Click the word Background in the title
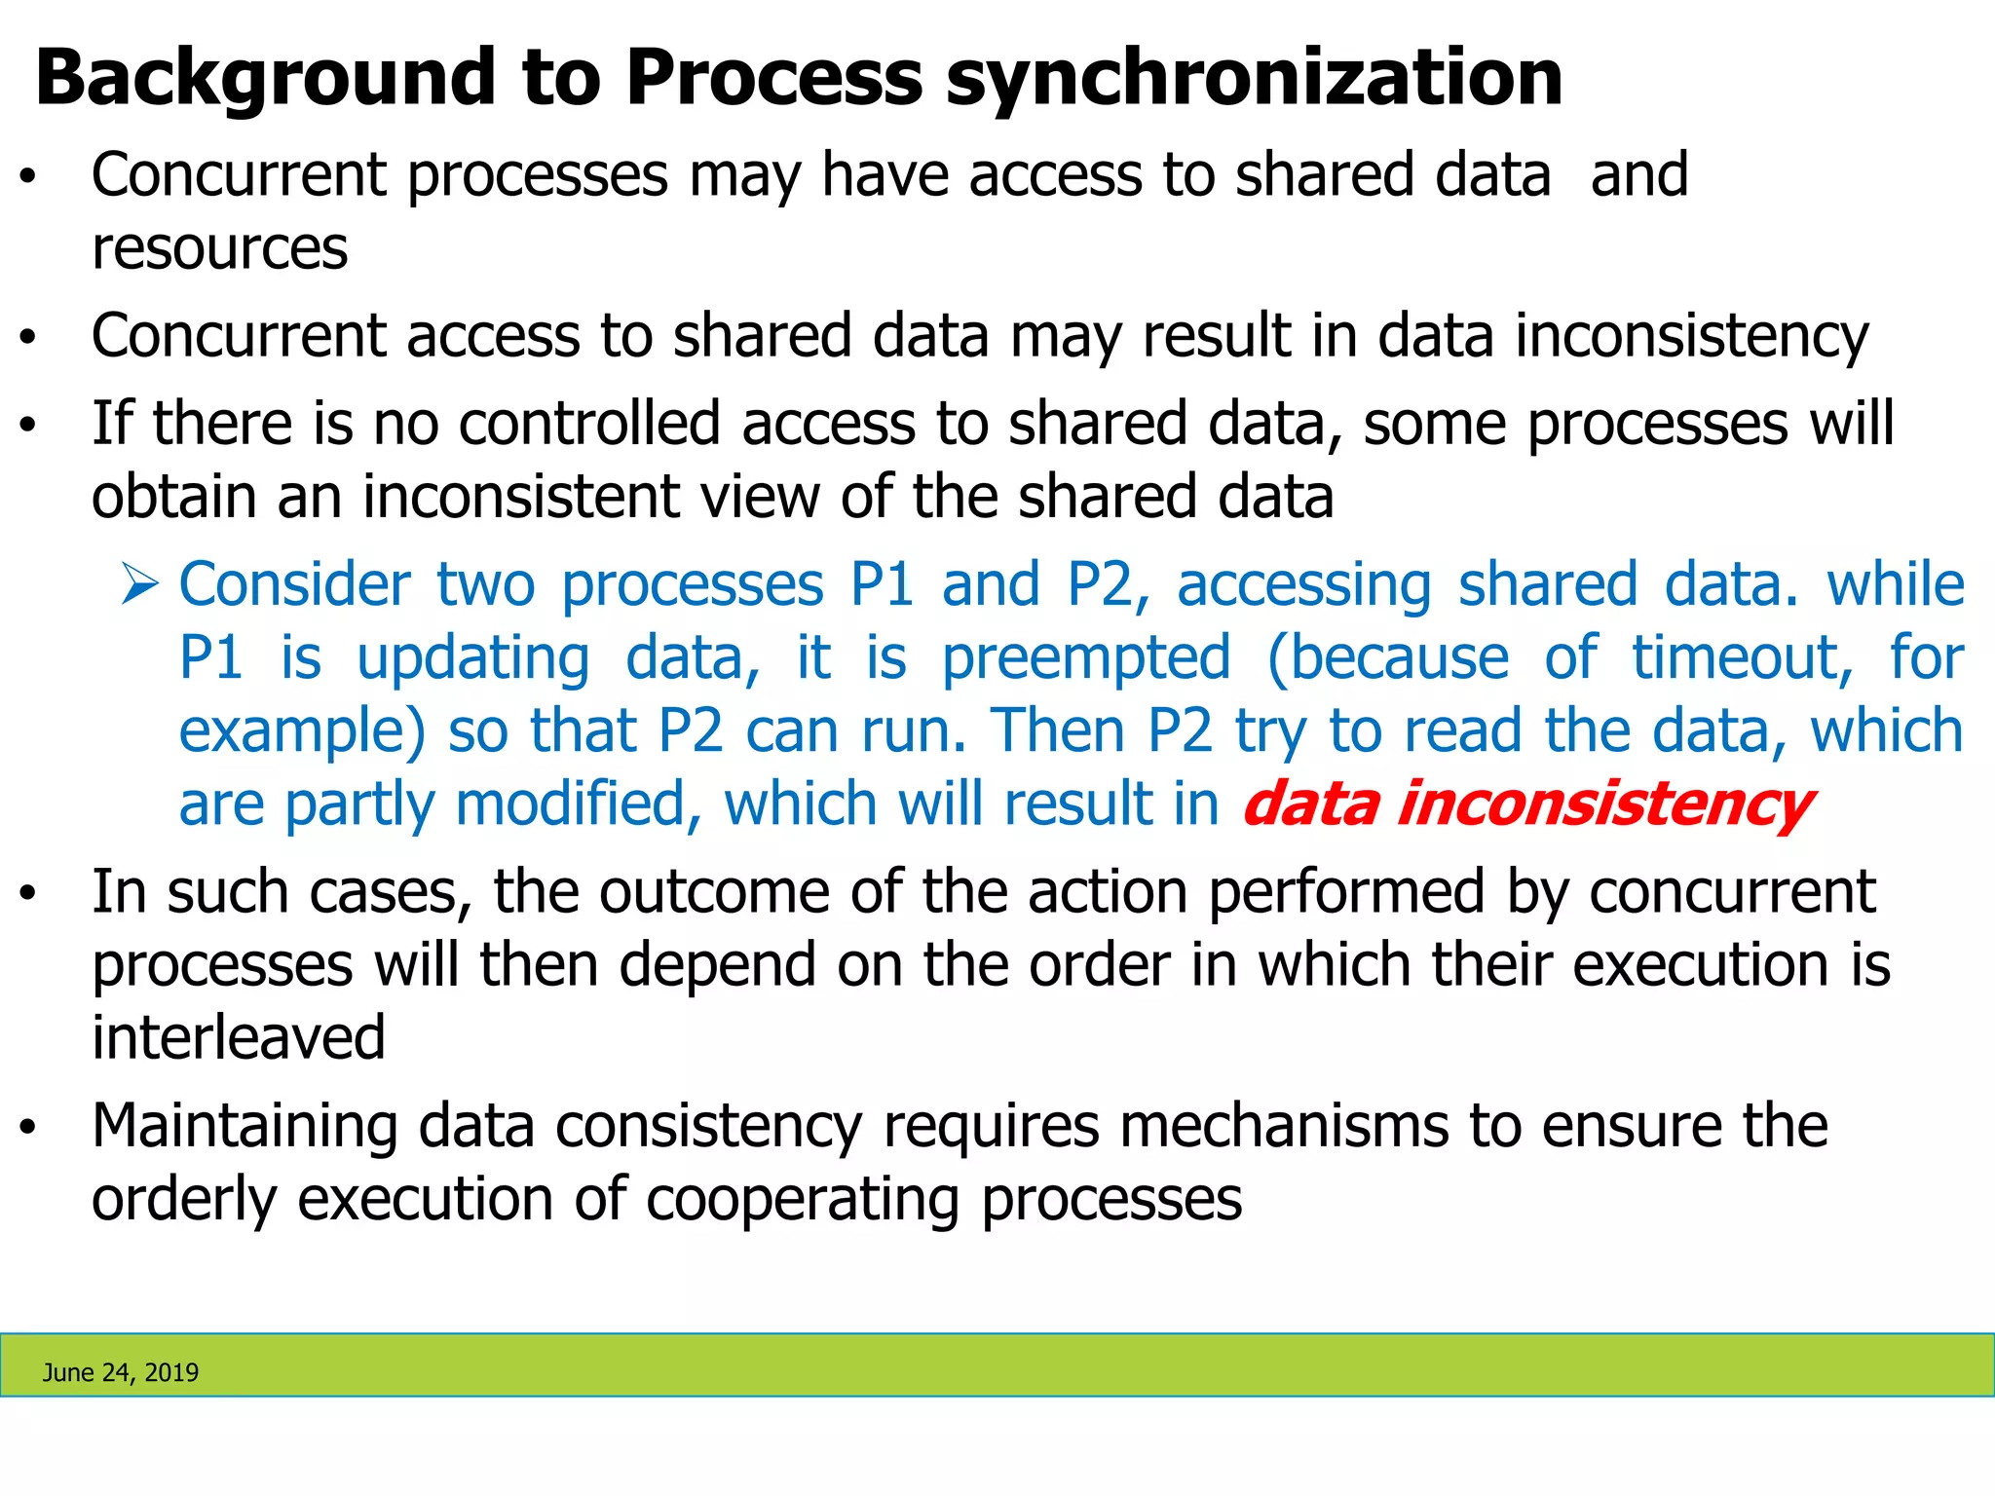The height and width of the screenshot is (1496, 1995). (x=266, y=78)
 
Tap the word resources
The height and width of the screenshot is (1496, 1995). (x=219, y=248)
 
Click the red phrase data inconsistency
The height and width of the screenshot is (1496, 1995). (x=1526, y=804)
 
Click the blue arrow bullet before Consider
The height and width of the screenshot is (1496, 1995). (x=140, y=585)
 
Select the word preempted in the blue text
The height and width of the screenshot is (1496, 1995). (x=1086, y=657)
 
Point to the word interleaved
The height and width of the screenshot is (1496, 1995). (x=239, y=1037)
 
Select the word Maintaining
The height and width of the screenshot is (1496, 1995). (x=245, y=1126)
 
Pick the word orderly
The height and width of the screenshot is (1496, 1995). (x=184, y=1199)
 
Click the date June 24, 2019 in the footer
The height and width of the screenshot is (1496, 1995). (x=121, y=1372)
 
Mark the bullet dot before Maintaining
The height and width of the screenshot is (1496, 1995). (x=28, y=1127)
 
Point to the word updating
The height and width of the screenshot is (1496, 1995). (x=473, y=657)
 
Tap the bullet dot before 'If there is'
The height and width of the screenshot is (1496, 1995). (x=28, y=425)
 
